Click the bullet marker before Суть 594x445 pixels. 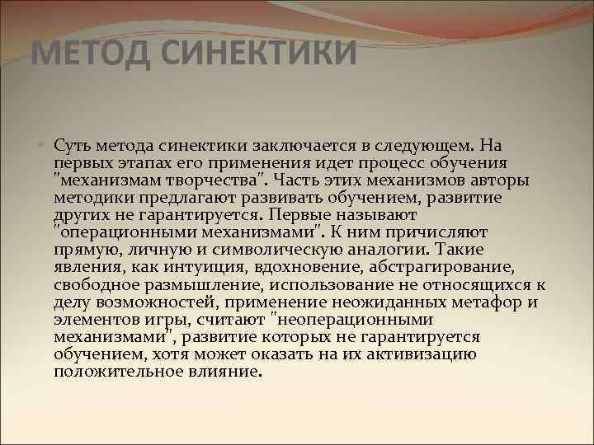43,145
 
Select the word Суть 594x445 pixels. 72,146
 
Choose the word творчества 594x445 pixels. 221,180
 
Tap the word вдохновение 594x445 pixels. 325,266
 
